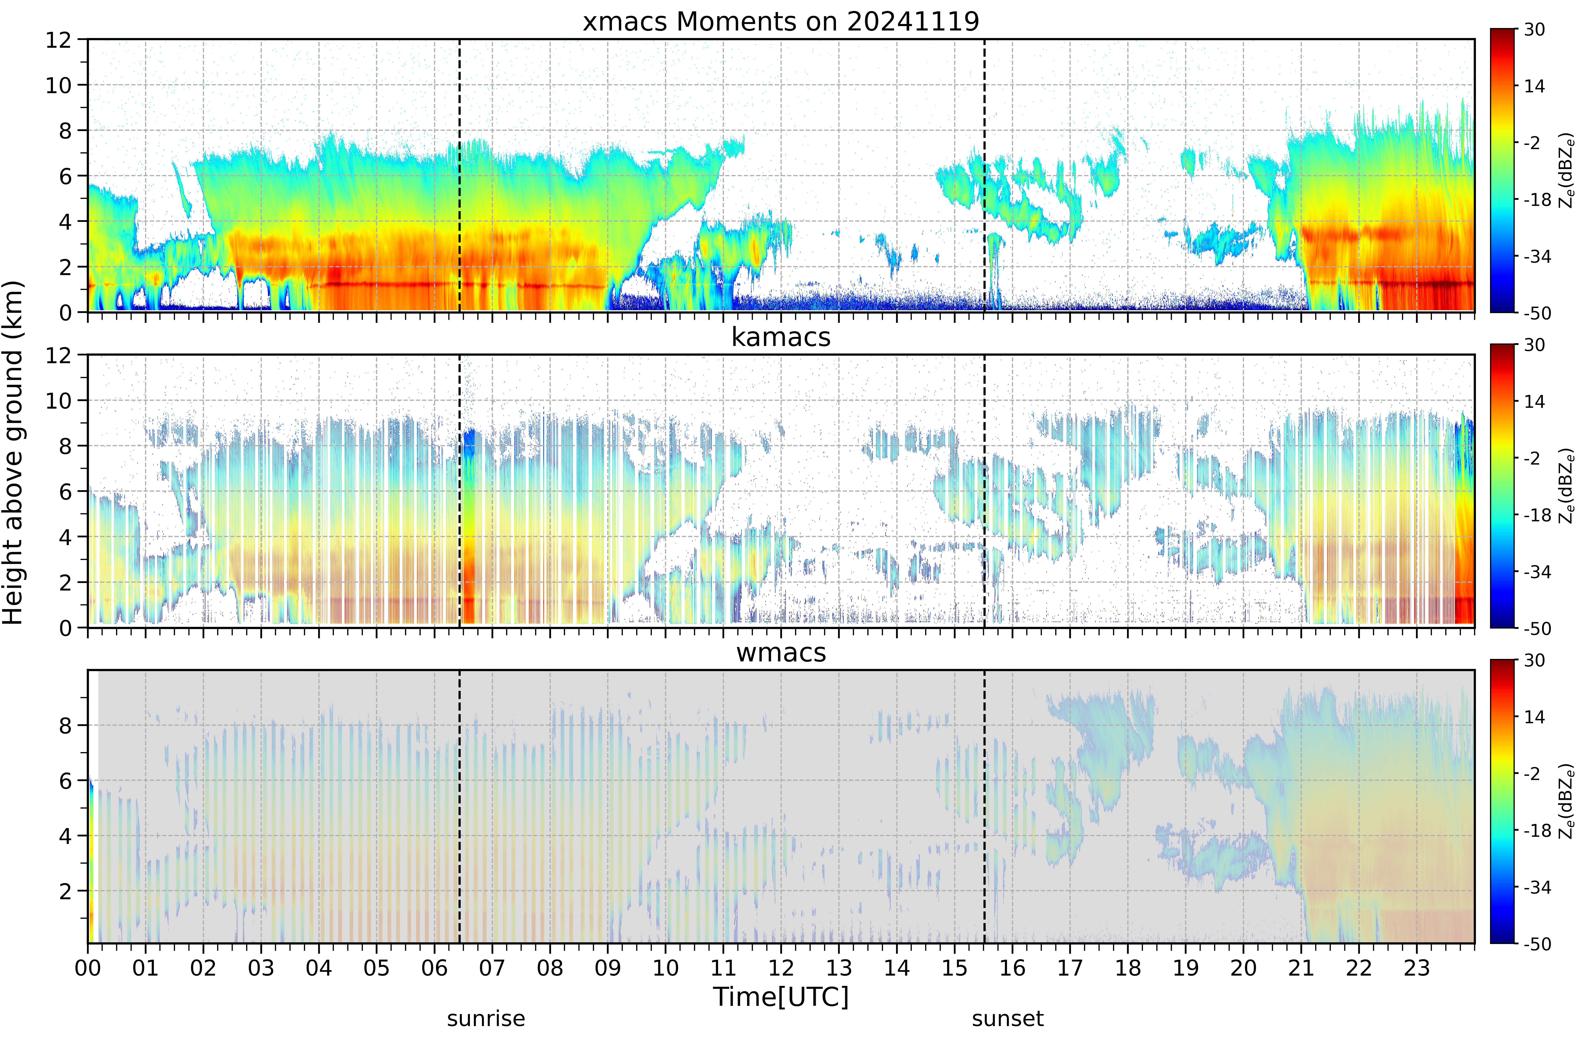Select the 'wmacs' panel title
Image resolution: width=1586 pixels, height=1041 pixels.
click(x=781, y=652)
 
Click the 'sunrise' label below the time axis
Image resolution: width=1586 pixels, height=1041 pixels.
click(x=486, y=1018)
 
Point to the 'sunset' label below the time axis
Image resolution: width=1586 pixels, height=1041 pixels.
click(x=1008, y=1018)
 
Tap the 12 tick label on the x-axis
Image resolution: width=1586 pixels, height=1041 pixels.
click(x=781, y=968)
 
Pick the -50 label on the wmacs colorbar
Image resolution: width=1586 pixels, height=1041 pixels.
click(x=1537, y=944)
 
